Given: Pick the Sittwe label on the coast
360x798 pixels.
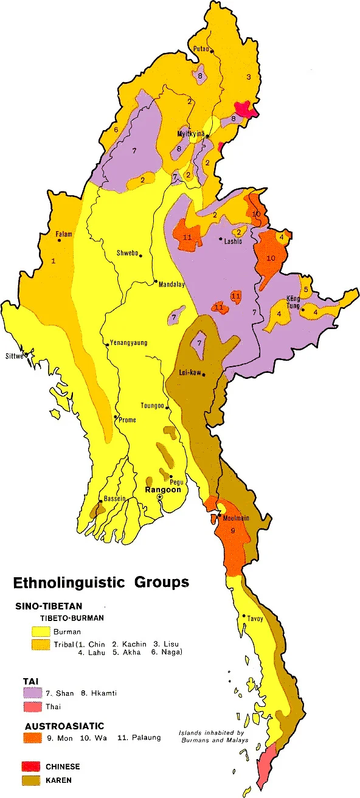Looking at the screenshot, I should tap(15, 356).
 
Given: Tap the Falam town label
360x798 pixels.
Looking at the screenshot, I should tap(64, 234).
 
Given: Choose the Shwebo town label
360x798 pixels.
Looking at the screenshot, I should tap(128, 254).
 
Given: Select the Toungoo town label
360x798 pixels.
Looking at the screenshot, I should tap(153, 406).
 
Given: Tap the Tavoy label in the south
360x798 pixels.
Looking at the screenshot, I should tap(255, 619).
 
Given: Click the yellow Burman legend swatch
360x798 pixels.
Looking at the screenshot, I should tap(41, 631).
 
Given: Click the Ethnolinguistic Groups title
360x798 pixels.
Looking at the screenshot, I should tap(101, 582).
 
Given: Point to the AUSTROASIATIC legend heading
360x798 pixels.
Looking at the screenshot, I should tap(64, 726).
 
